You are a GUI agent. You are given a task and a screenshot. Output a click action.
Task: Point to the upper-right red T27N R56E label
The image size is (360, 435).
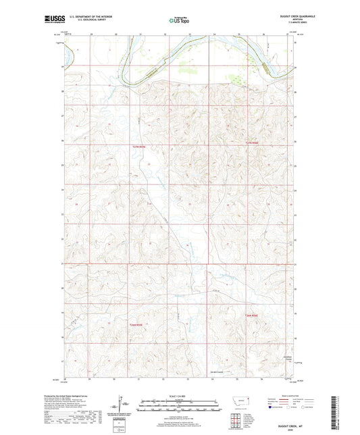[x=251, y=145]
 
